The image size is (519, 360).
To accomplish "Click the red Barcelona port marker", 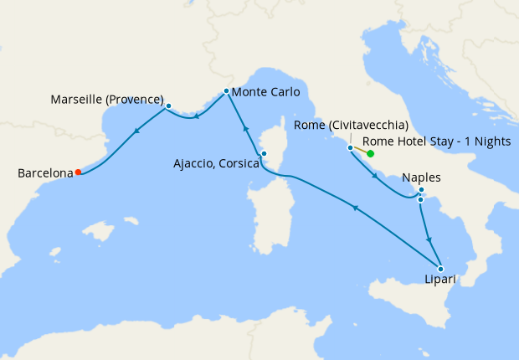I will click(x=78, y=172).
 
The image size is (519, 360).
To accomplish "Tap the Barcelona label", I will click(x=45, y=173).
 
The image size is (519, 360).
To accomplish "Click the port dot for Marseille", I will click(x=168, y=106).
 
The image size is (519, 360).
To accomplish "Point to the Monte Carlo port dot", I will click(x=227, y=90).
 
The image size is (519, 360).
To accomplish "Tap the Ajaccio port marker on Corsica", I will click(x=264, y=153).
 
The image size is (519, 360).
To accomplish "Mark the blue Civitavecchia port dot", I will click(x=350, y=147).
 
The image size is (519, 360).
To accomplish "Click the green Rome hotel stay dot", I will click(x=370, y=154).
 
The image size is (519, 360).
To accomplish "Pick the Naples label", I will click(x=420, y=177).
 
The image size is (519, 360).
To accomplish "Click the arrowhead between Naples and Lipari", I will click(x=429, y=239).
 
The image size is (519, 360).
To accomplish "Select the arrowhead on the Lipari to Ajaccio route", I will click(x=355, y=208).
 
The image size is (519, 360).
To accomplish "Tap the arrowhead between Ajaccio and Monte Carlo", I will click(x=245, y=128).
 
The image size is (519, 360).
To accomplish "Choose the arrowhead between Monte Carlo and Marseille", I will click(x=196, y=117).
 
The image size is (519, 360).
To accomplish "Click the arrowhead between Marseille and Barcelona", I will click(x=135, y=130).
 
